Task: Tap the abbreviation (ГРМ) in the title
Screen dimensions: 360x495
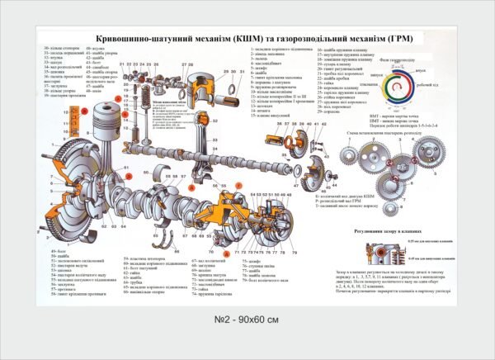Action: click(404, 39)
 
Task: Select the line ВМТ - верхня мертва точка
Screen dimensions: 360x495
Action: click(388, 116)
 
